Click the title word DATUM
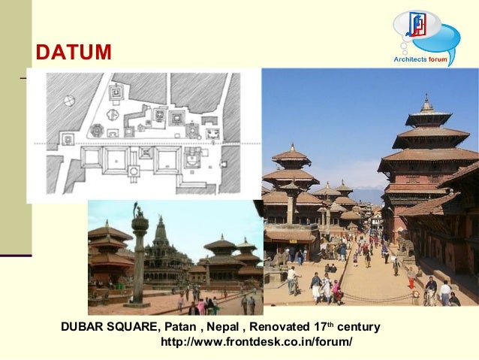(x=74, y=53)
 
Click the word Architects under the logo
(x=410, y=59)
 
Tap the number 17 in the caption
(x=321, y=328)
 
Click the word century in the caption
(x=359, y=328)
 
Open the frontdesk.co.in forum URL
(x=256, y=343)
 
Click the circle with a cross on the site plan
(x=69, y=99)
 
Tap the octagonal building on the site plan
(x=96, y=131)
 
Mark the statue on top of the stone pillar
(x=138, y=210)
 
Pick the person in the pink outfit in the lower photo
(x=201, y=306)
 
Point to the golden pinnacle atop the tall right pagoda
(x=426, y=101)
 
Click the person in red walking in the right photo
(x=411, y=282)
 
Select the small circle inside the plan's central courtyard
(x=134, y=171)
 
